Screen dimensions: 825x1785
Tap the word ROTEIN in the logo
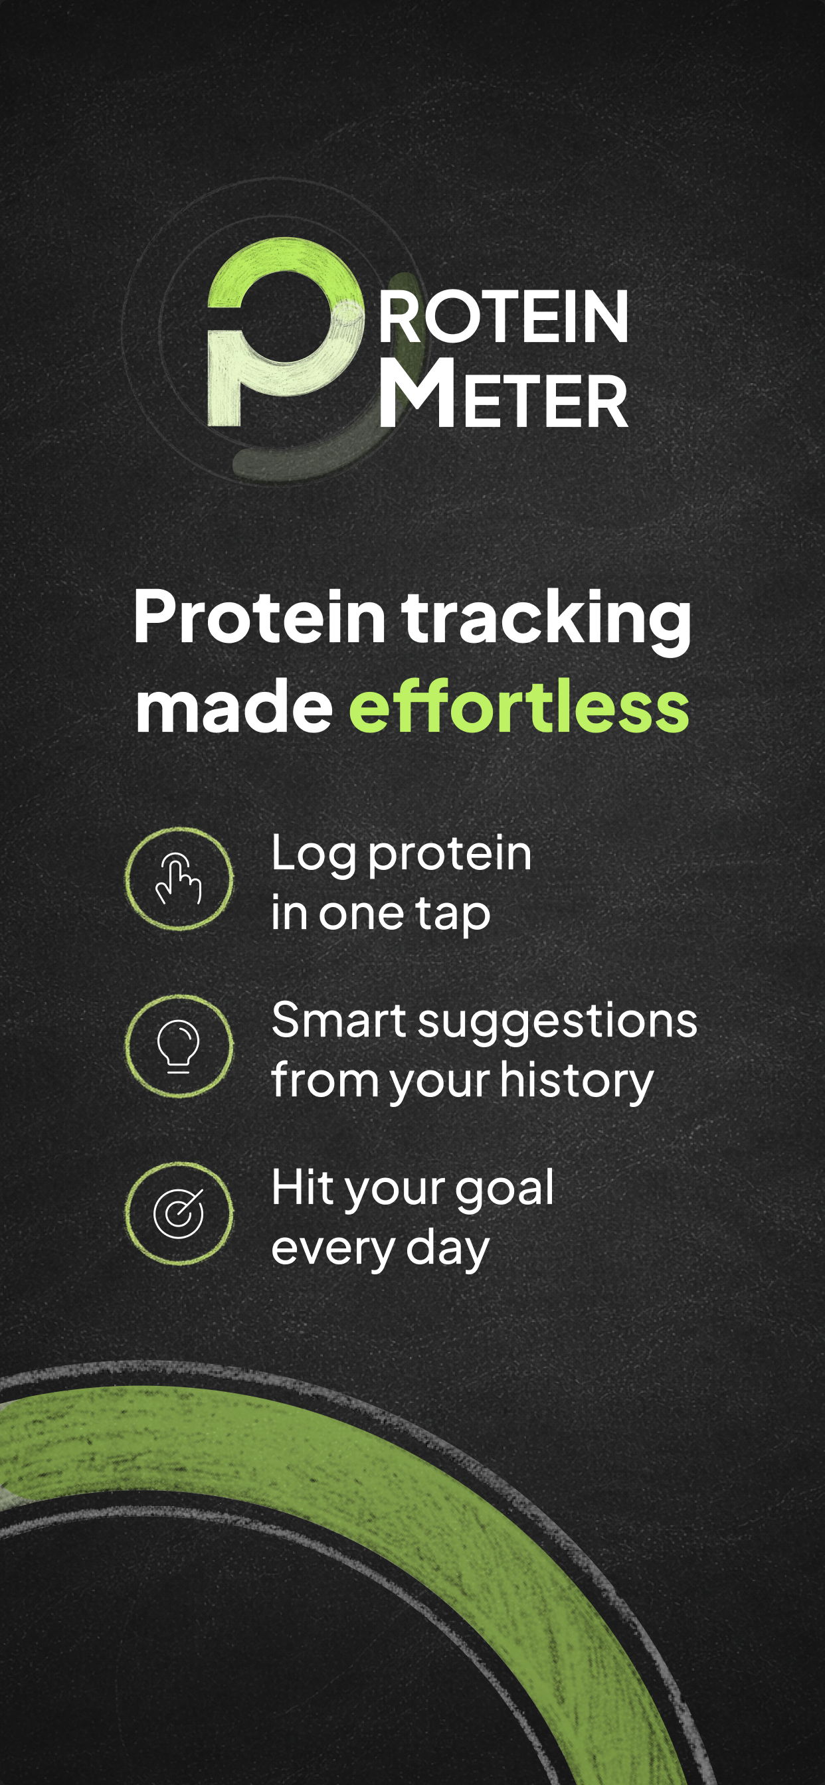point(504,316)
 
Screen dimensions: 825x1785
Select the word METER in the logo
point(504,394)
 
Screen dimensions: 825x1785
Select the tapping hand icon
point(179,879)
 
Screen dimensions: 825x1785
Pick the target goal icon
point(179,1213)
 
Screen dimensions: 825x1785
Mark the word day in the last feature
point(448,1250)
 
